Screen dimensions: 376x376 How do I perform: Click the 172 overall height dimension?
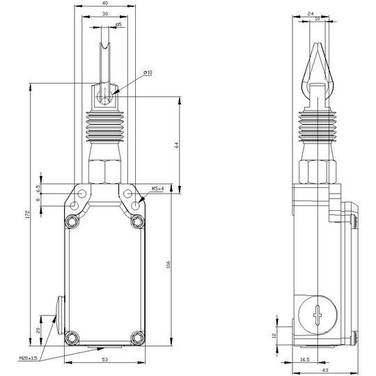pyautogui.click(x=28, y=214)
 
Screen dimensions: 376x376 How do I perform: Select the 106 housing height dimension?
pyautogui.click(x=169, y=265)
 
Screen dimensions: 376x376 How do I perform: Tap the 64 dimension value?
pyautogui.click(x=177, y=145)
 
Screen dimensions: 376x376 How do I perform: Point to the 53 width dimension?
pyautogui.click(x=104, y=359)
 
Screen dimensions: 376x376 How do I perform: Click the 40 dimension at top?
pyautogui.click(x=105, y=3)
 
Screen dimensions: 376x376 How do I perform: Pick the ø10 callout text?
pyautogui.click(x=148, y=72)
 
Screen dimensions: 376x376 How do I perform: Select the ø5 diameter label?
pyautogui.click(x=118, y=24)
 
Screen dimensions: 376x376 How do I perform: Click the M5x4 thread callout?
pyautogui.click(x=158, y=189)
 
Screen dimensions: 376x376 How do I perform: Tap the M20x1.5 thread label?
pyautogui.click(x=28, y=359)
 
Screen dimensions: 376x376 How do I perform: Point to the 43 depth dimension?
pyautogui.click(x=325, y=370)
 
